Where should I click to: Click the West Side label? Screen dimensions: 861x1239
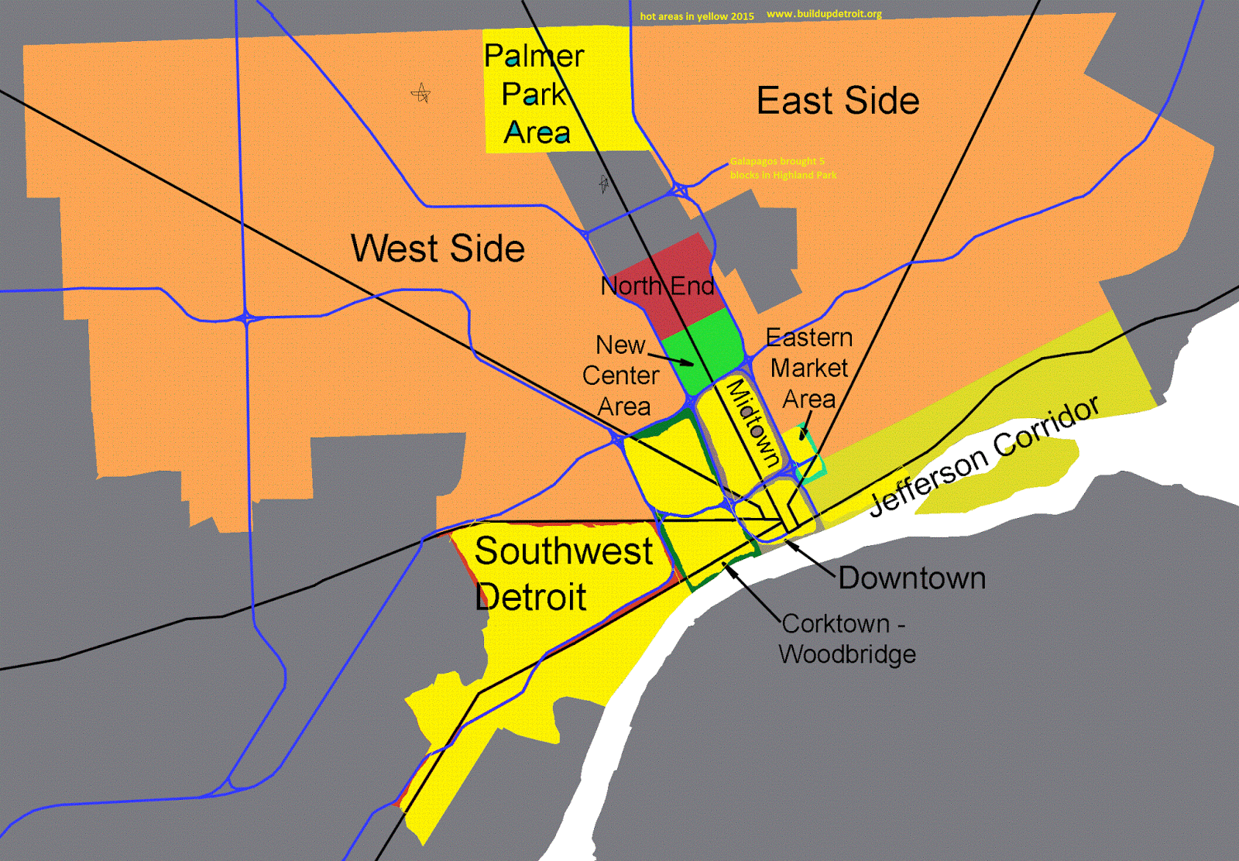(438, 249)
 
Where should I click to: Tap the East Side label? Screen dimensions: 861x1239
(837, 101)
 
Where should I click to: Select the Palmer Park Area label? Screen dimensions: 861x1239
(534, 94)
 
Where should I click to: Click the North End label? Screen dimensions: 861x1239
(657, 286)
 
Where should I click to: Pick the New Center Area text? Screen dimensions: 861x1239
(621, 376)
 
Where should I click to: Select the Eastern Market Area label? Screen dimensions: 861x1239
(809, 368)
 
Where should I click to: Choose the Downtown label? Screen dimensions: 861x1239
(911, 578)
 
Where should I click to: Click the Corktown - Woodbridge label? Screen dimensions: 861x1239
(847, 639)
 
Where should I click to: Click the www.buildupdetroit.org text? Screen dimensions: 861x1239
(824, 14)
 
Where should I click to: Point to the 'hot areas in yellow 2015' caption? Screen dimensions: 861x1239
(696, 16)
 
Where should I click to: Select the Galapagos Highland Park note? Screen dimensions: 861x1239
(782, 168)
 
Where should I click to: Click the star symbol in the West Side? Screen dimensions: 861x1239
(420, 94)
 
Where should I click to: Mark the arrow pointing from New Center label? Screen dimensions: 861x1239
(671, 359)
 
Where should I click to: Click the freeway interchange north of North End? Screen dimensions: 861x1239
(679, 189)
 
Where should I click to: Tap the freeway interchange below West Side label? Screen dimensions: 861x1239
(246, 317)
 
